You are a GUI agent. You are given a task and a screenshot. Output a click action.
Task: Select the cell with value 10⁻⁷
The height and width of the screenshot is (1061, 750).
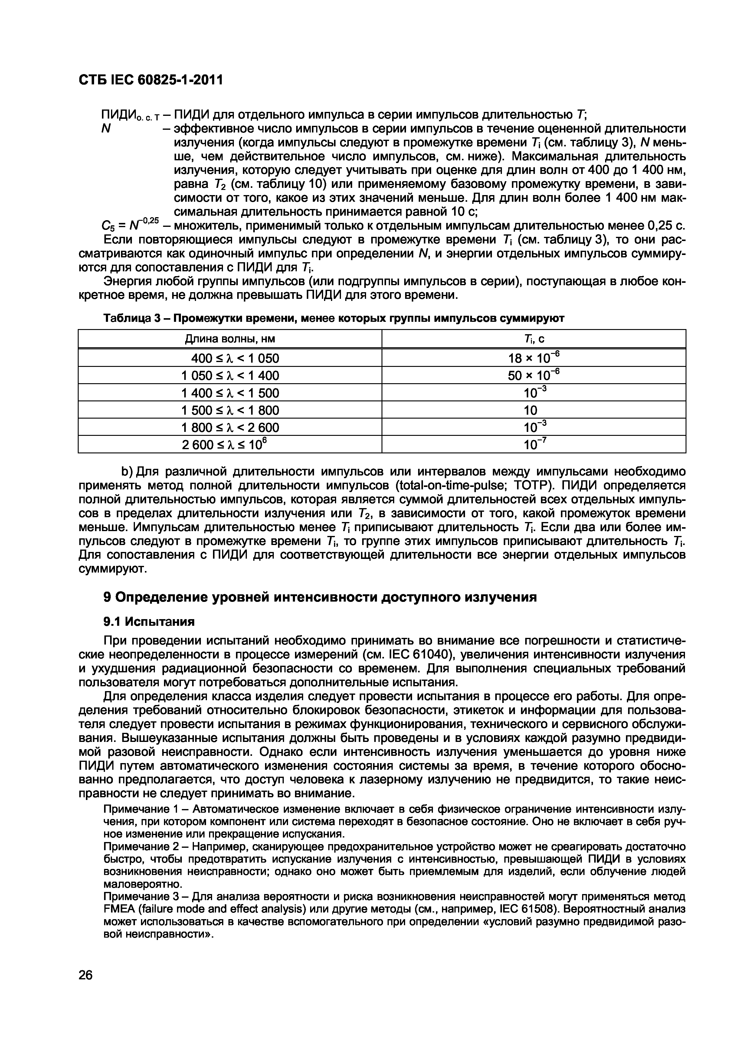[x=535, y=445]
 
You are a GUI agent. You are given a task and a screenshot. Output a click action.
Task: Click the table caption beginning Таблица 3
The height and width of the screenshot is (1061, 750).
[x=333, y=318]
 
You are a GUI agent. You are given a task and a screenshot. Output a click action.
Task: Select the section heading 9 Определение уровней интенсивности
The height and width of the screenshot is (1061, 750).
[x=319, y=598]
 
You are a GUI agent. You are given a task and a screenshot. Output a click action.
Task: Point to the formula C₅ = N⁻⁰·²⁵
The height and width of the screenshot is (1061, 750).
[x=130, y=226]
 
